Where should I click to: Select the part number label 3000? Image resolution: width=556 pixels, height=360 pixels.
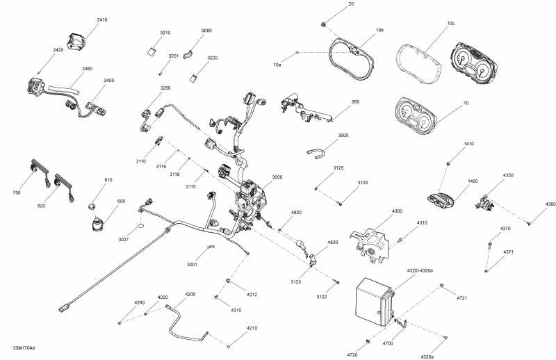(x=277, y=177)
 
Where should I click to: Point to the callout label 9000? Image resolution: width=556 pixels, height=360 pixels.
(x=206, y=31)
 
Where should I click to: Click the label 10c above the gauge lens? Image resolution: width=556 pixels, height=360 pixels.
(x=450, y=23)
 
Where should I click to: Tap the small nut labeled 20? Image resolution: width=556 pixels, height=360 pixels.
(x=325, y=25)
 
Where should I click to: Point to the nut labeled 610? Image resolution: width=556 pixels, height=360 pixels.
(x=91, y=206)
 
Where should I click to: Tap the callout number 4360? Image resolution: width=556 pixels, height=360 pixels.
(x=550, y=204)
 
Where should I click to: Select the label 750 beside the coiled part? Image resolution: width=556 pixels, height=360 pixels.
(x=16, y=193)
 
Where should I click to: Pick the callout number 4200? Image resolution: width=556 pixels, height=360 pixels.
(x=190, y=294)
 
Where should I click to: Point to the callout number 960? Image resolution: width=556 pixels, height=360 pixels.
(x=355, y=101)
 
